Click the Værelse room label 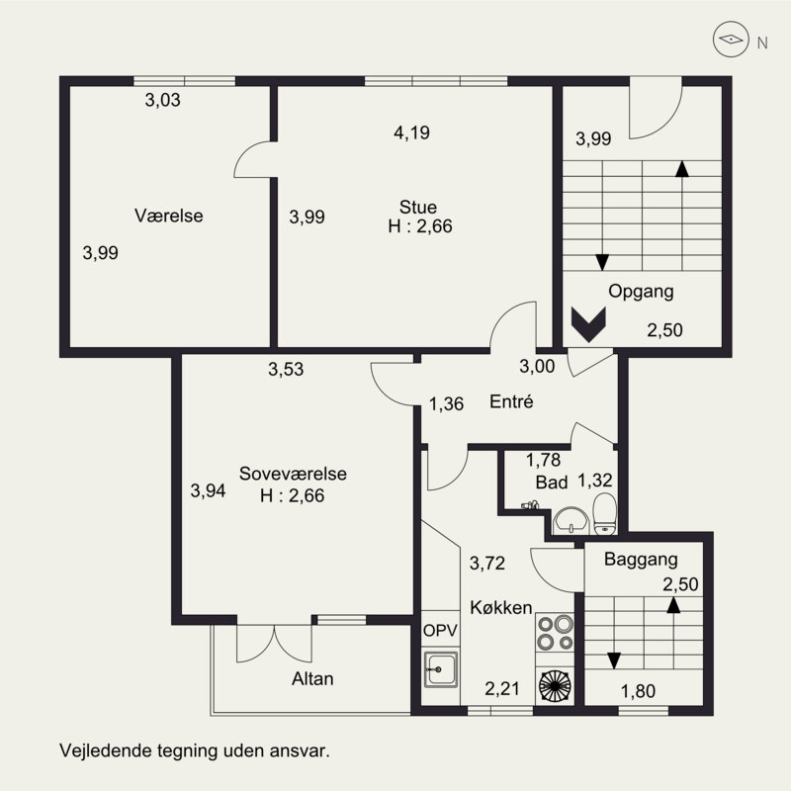click(168, 216)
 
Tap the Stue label click(417, 208)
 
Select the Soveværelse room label click(293, 474)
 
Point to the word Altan click(312, 679)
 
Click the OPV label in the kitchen click(440, 631)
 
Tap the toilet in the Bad click(604, 514)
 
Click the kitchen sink click(441, 669)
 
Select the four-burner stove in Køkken click(555, 633)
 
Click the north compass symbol click(730, 39)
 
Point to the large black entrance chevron click(588, 324)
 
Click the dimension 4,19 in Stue click(411, 132)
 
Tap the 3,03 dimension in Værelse click(162, 100)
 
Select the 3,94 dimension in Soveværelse click(208, 490)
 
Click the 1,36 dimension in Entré click(447, 404)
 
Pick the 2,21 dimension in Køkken click(502, 688)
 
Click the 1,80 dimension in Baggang click(638, 691)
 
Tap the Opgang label click(641, 292)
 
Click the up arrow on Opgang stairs click(682, 216)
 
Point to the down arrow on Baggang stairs click(614, 634)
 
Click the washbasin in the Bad click(571, 521)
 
